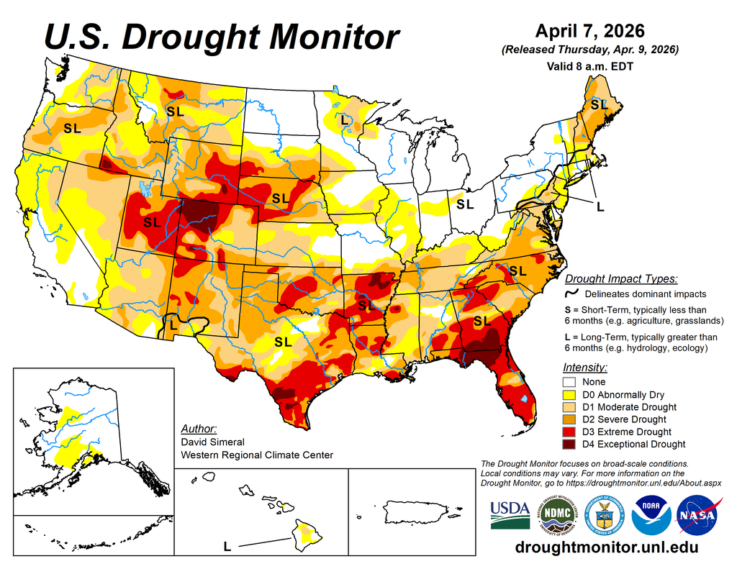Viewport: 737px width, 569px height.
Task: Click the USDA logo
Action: tap(510, 514)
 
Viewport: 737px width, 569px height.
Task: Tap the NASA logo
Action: tap(695, 516)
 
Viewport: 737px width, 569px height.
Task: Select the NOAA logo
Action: tap(651, 516)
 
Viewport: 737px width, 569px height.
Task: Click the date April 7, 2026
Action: tap(589, 32)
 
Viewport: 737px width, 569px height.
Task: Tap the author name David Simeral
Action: tap(212, 442)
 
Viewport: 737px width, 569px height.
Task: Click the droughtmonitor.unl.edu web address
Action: tap(607, 547)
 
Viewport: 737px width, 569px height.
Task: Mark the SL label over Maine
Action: tap(599, 105)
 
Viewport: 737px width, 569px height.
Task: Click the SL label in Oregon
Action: tap(72, 129)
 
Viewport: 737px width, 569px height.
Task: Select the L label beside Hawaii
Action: tap(227, 547)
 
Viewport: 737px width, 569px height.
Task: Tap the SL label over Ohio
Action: tap(465, 204)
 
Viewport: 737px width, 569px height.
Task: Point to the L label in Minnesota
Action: tap(345, 120)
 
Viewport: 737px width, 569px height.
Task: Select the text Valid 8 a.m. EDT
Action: tap(589, 65)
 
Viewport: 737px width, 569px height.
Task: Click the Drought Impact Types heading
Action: tap(620, 279)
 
